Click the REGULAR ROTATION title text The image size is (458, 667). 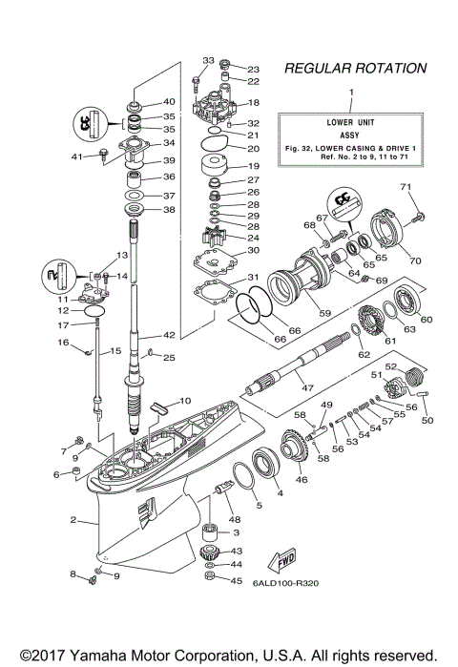354,69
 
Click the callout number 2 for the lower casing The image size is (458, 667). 73,521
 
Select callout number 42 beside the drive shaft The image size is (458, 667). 170,335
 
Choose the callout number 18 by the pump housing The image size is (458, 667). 253,103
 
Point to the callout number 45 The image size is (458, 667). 237,581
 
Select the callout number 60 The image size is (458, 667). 426,319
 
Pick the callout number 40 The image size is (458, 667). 169,102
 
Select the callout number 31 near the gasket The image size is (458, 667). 253,277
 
